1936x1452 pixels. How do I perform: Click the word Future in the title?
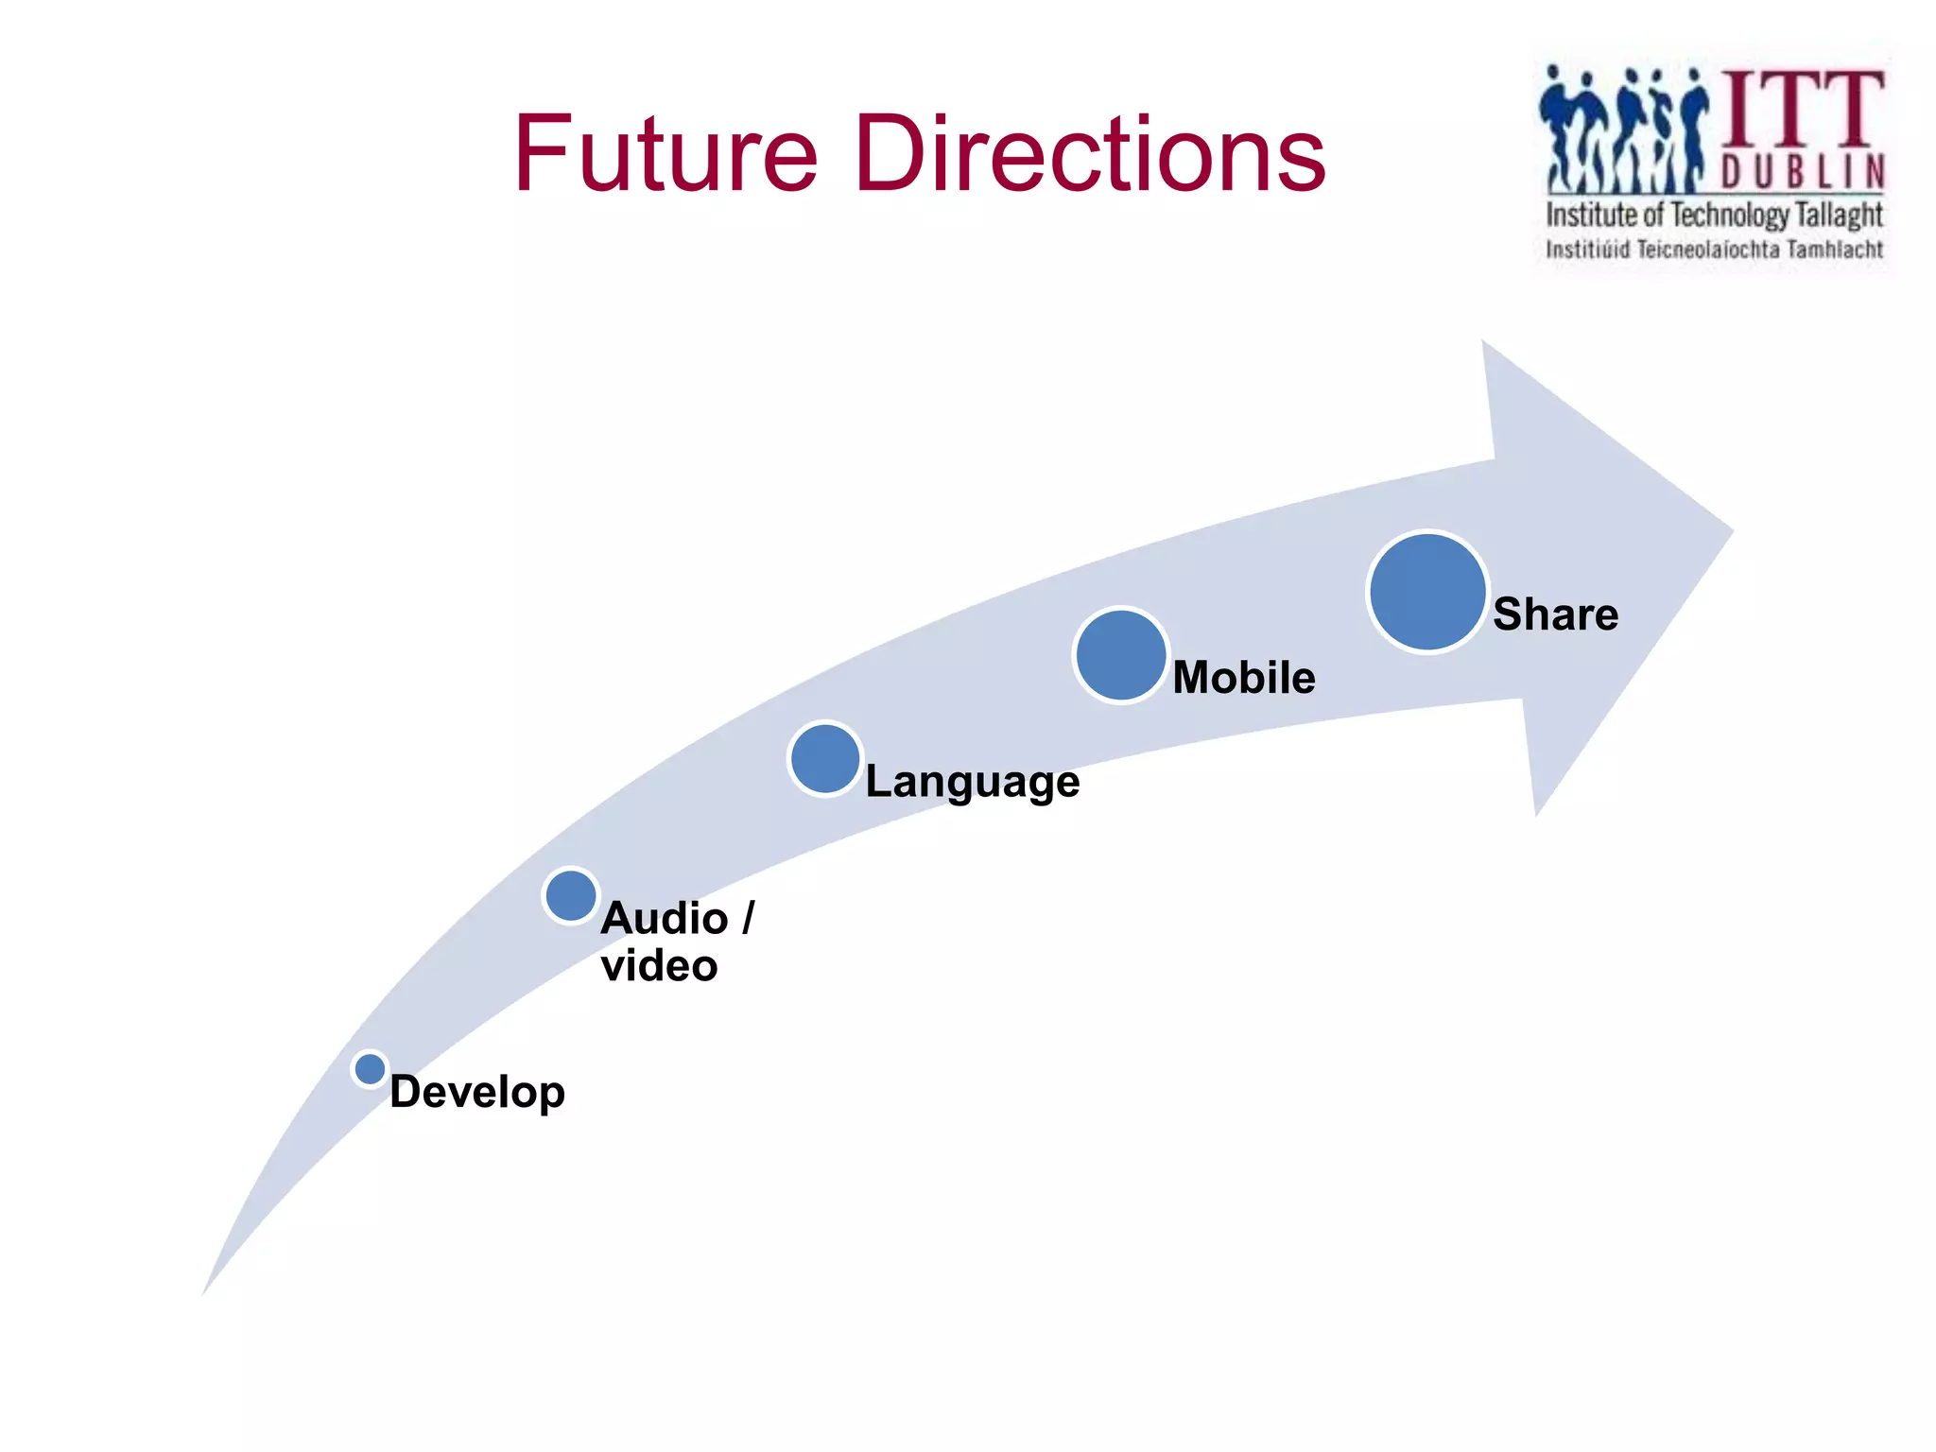pos(665,154)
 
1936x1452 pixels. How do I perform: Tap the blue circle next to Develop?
pos(370,1069)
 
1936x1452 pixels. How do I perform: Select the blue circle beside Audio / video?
pos(571,895)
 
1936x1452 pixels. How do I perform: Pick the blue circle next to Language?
pos(825,758)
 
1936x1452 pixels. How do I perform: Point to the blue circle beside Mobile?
pos(1120,655)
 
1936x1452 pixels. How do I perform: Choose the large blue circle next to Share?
pos(1427,593)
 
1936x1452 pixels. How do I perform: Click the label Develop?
pos(477,1093)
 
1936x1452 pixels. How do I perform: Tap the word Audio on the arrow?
pos(665,918)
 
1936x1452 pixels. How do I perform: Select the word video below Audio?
pos(659,966)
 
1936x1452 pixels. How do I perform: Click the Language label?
pos(972,782)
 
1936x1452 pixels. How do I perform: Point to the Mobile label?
pos(1244,678)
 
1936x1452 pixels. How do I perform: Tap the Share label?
pos(1555,614)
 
